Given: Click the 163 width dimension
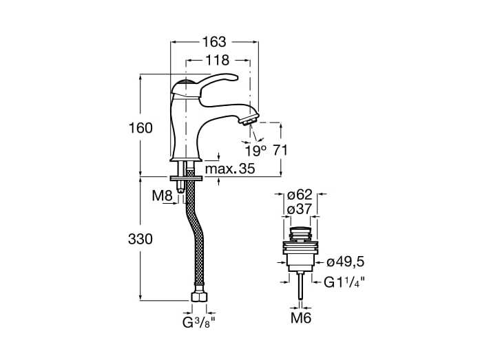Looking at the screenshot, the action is tap(214, 42).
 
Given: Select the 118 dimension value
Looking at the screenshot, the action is tap(217, 61).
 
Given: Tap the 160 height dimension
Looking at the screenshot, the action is tap(140, 128).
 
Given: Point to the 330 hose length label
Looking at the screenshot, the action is tap(140, 239).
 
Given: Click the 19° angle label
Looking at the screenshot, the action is tap(256, 151).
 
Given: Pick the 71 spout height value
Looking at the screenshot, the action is tap(280, 151).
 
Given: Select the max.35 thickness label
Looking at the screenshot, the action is tap(230, 169).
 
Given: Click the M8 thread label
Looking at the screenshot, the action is tap(163, 195).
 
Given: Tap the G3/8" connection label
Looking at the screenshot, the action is tap(199, 322).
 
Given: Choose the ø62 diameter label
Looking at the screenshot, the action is tap(300, 195).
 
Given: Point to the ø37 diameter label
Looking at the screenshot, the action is tap(300, 209).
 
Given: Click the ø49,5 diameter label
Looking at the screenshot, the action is tap(345, 262).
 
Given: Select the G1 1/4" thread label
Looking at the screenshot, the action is tap(344, 282).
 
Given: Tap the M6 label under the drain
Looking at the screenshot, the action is tap(301, 318).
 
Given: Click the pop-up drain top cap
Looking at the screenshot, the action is tap(301, 230).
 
